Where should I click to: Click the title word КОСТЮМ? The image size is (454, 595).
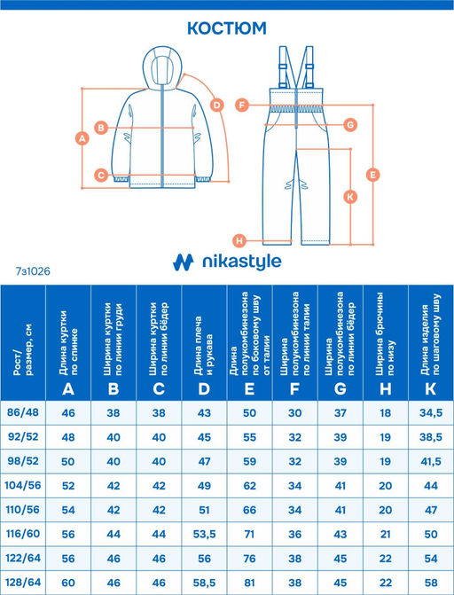[x=227, y=28]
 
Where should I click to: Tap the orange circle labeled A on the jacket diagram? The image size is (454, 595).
[x=82, y=138]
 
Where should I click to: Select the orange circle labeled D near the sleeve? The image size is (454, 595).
[x=216, y=105]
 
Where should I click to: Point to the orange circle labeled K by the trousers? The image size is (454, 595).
[x=350, y=197]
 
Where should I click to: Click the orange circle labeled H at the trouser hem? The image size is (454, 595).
[x=240, y=240]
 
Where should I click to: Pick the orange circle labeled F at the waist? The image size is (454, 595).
[x=242, y=105]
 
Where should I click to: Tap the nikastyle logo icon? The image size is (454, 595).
[x=184, y=262]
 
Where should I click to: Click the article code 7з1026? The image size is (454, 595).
[x=33, y=271]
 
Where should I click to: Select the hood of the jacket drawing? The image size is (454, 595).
[x=161, y=68]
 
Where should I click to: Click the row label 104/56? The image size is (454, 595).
[x=23, y=485]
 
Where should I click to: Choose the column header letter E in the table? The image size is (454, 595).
[x=249, y=389]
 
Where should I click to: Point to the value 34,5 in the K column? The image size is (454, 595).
[x=431, y=413]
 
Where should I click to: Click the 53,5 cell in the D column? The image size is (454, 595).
[x=204, y=535]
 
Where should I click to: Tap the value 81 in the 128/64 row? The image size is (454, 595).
[x=249, y=583]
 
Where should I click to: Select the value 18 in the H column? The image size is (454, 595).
[x=386, y=413]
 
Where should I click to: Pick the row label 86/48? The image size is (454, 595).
[x=23, y=412]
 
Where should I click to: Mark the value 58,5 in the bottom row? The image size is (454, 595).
[x=204, y=583]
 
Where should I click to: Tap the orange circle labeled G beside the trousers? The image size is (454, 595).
[x=350, y=124]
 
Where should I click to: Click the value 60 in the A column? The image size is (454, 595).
[x=68, y=583]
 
